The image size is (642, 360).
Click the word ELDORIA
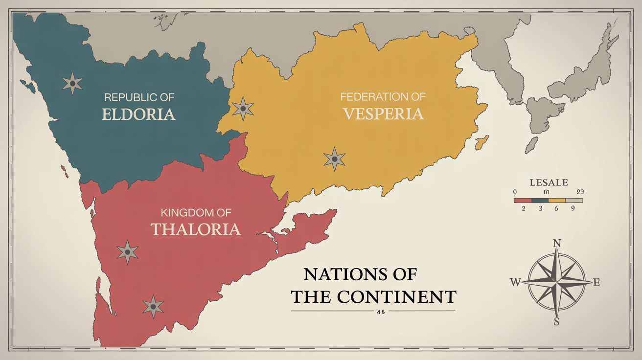[138, 114]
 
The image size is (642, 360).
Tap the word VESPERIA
[383, 113]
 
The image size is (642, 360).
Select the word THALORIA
[195, 229]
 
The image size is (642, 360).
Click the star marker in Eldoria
[72, 84]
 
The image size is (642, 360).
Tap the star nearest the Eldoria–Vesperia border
[243, 109]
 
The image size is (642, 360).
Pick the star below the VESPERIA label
[335, 159]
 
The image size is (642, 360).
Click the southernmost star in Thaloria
[153, 307]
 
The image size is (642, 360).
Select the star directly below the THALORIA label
[128, 252]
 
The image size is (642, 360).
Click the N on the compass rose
[556, 243]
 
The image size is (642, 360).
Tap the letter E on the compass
[596, 282]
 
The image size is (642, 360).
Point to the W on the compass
[515, 282]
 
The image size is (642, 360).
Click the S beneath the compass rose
[556, 321]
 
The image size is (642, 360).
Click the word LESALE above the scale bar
[549, 182]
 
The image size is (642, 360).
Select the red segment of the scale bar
[523, 200]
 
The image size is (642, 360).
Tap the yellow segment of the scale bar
[557, 200]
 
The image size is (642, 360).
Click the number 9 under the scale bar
[573, 208]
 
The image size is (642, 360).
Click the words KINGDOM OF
[196, 213]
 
